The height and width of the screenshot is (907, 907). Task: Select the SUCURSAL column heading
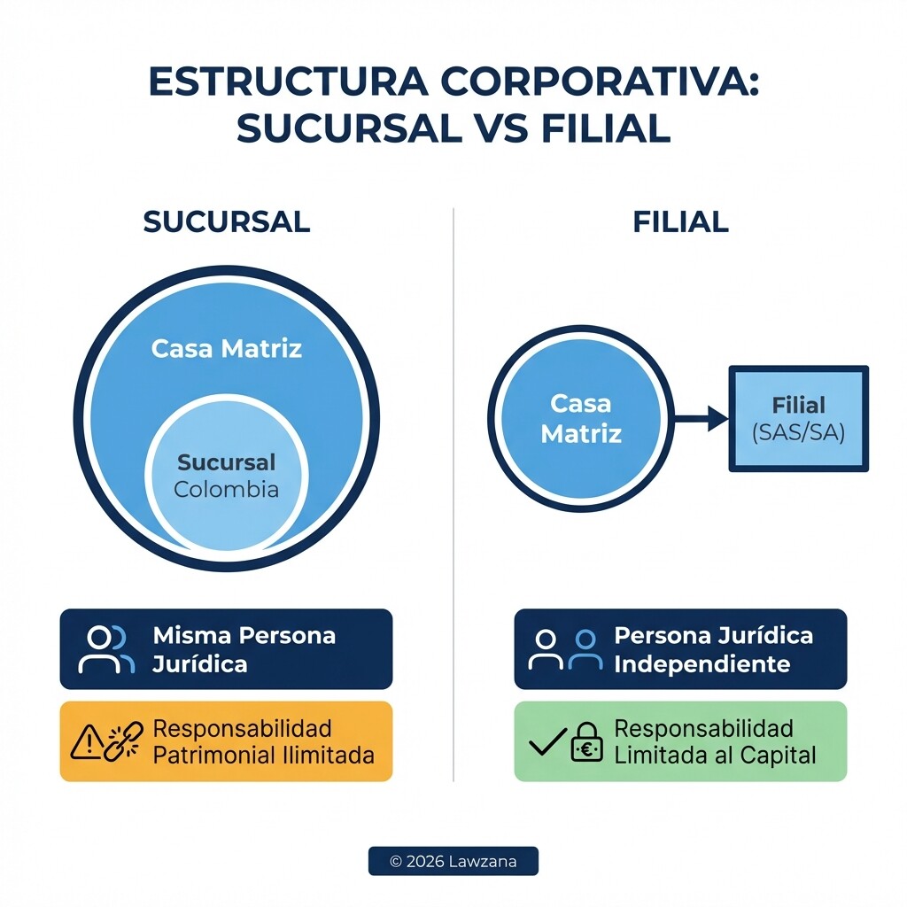[x=227, y=221]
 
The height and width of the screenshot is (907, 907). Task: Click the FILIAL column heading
[x=680, y=221]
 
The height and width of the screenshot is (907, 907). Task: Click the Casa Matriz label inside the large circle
[x=227, y=348]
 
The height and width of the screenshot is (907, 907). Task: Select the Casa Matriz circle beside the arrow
[x=581, y=418]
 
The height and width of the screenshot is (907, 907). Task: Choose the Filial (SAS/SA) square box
[x=798, y=418]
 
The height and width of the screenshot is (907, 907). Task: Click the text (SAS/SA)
[x=798, y=433]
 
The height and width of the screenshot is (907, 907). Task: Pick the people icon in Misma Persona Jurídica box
[x=106, y=649]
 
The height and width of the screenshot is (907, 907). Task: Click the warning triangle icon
[x=86, y=742]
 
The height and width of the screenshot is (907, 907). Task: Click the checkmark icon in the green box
[x=547, y=742]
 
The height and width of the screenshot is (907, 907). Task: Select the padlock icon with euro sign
[x=586, y=742]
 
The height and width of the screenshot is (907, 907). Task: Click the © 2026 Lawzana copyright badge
[x=453, y=861]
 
